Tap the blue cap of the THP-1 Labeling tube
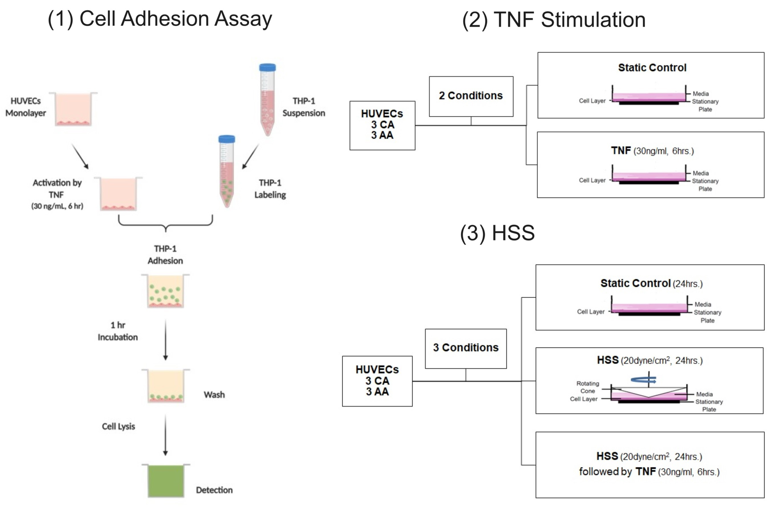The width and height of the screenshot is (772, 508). point(227,139)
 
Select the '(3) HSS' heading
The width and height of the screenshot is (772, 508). point(497,233)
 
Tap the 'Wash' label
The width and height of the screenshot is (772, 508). point(214,395)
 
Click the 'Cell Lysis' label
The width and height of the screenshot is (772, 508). point(118,426)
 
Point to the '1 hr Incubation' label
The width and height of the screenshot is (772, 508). point(118,331)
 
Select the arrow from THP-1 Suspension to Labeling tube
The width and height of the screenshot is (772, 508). point(250,156)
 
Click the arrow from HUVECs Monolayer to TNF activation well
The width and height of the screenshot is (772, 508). point(80,156)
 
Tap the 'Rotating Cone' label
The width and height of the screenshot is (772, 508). point(587,387)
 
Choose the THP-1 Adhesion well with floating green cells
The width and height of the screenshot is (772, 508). point(166,291)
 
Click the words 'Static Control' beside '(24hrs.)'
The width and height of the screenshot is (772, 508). point(635,283)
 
